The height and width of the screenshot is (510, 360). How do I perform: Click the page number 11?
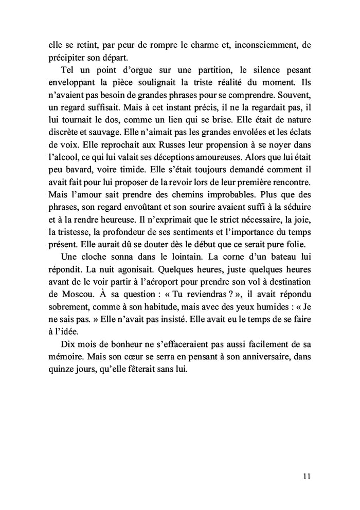(306, 477)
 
